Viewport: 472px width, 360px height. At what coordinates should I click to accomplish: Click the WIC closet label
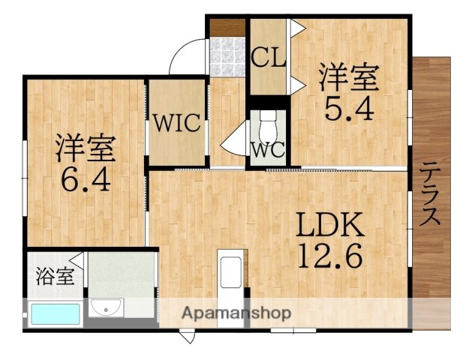click(x=177, y=122)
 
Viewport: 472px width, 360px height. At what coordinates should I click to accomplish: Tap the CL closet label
click(x=268, y=58)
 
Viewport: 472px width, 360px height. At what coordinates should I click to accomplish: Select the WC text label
click(x=268, y=149)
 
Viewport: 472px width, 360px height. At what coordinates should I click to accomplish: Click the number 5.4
click(x=347, y=110)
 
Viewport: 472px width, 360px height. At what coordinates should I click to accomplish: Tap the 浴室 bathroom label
click(x=55, y=275)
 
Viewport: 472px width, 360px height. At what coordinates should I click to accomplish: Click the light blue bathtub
click(x=56, y=313)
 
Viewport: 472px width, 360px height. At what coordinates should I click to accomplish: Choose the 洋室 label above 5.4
click(x=347, y=77)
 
